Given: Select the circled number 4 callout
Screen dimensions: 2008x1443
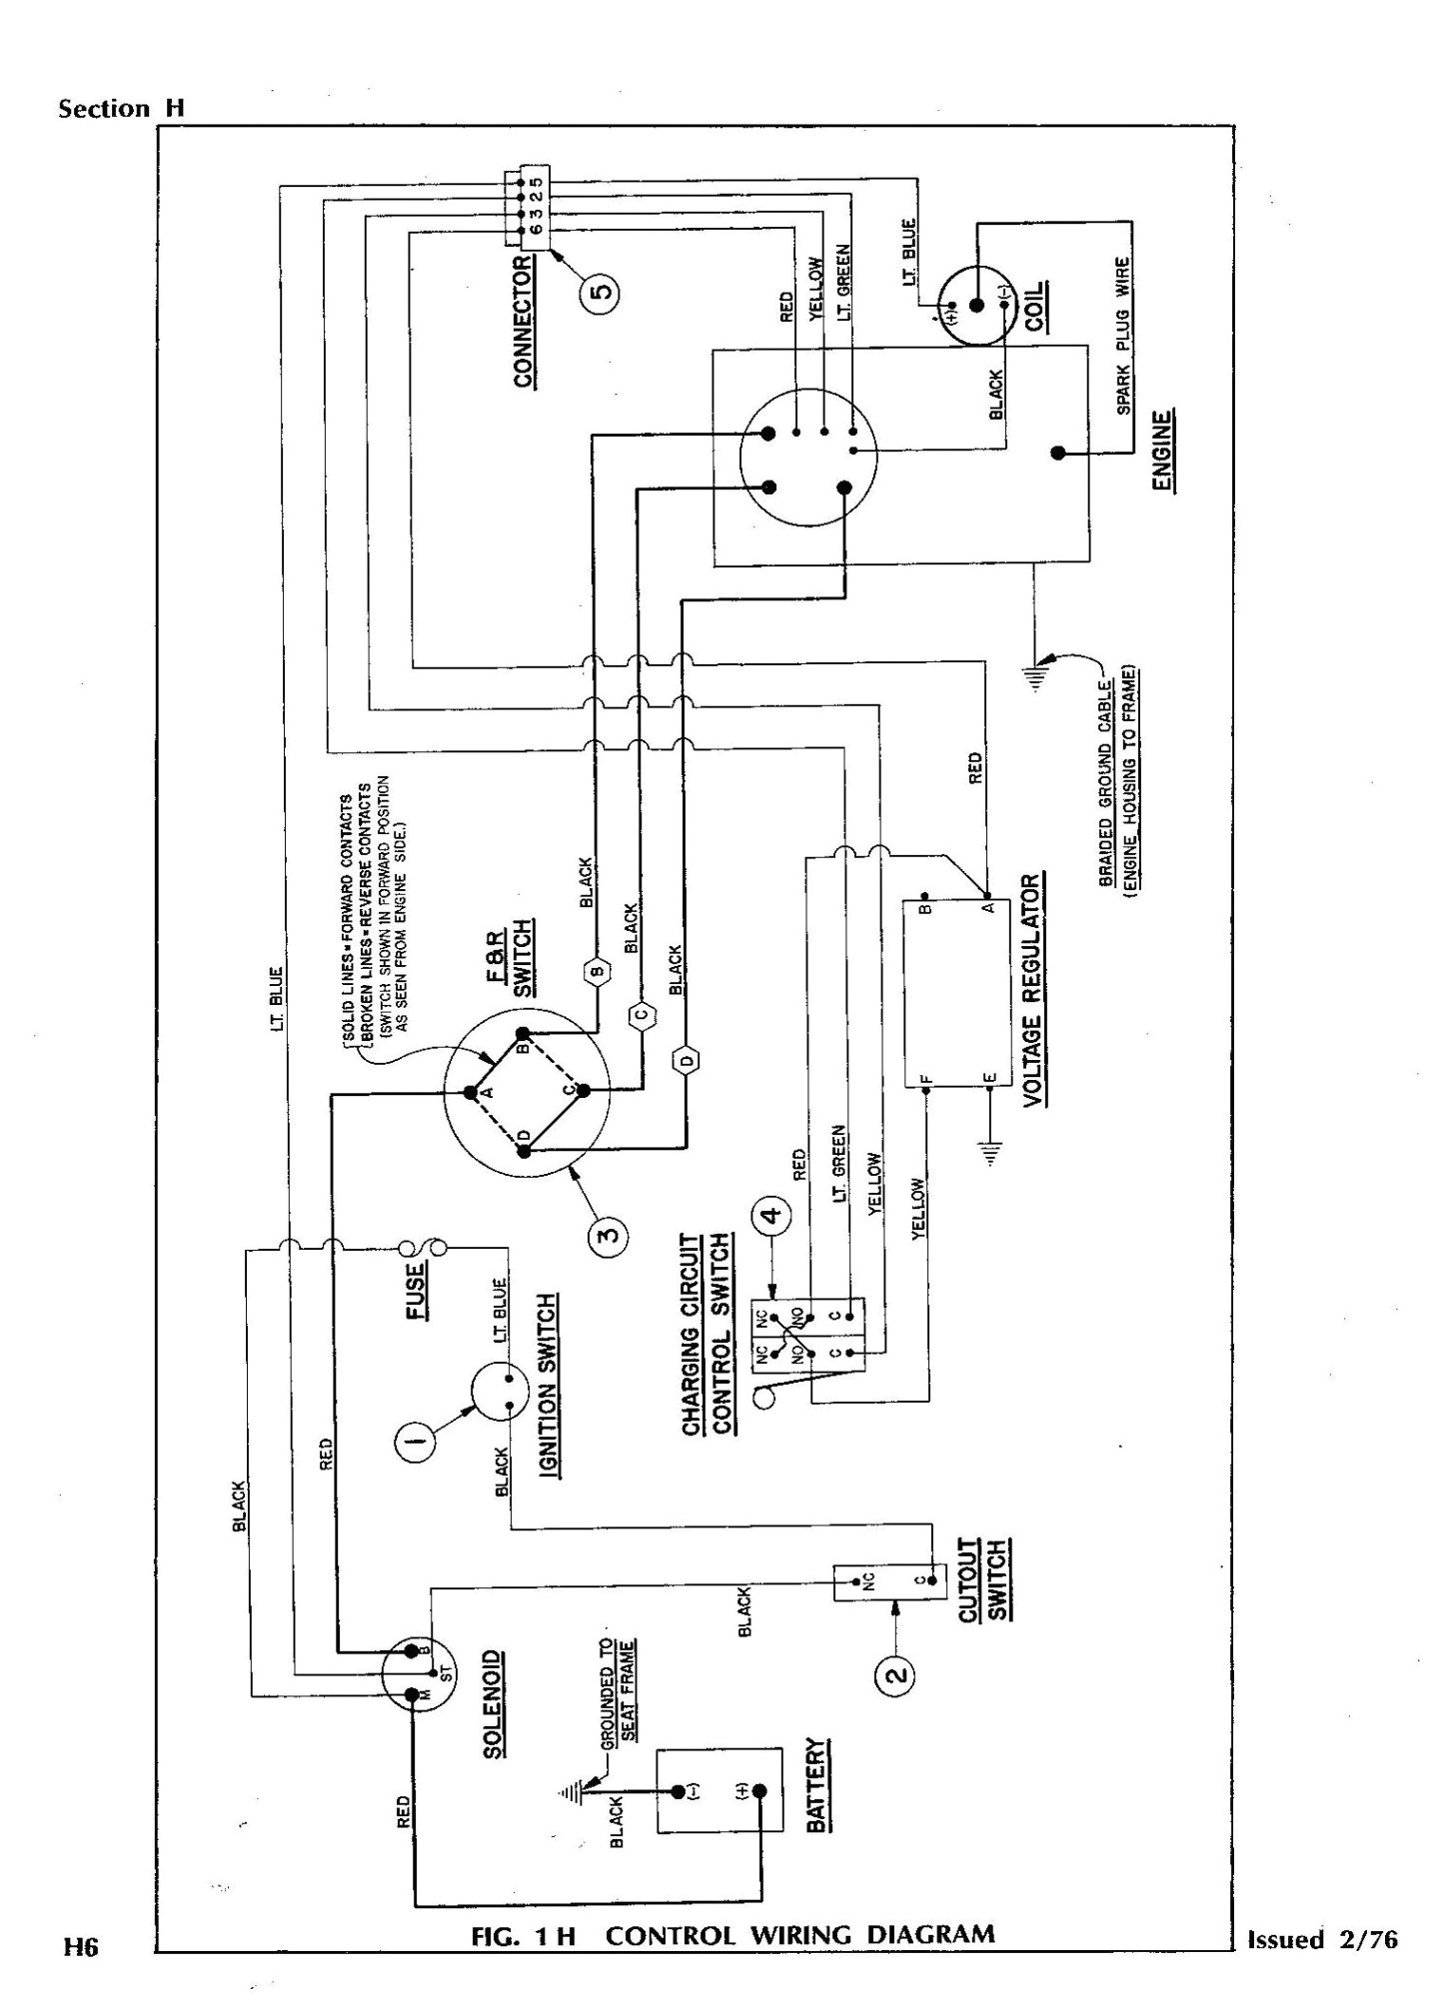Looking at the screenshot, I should pyautogui.click(x=770, y=1216).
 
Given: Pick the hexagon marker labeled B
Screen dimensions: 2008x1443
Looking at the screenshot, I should pyautogui.click(x=597, y=970).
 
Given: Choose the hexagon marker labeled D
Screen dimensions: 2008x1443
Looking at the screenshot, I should pyautogui.click(x=687, y=1061).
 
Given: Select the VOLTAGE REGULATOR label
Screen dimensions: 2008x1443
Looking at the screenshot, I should pyautogui.click(x=1033, y=988).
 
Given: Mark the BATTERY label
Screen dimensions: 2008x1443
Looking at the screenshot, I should pyautogui.click(x=818, y=1798).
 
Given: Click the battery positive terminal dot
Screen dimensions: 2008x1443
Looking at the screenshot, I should pyautogui.click(x=759, y=1791).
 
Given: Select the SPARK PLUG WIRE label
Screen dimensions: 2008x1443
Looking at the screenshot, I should pyautogui.click(x=1123, y=336).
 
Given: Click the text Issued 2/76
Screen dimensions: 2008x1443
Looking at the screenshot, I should pyautogui.click(x=1321, y=1938).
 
